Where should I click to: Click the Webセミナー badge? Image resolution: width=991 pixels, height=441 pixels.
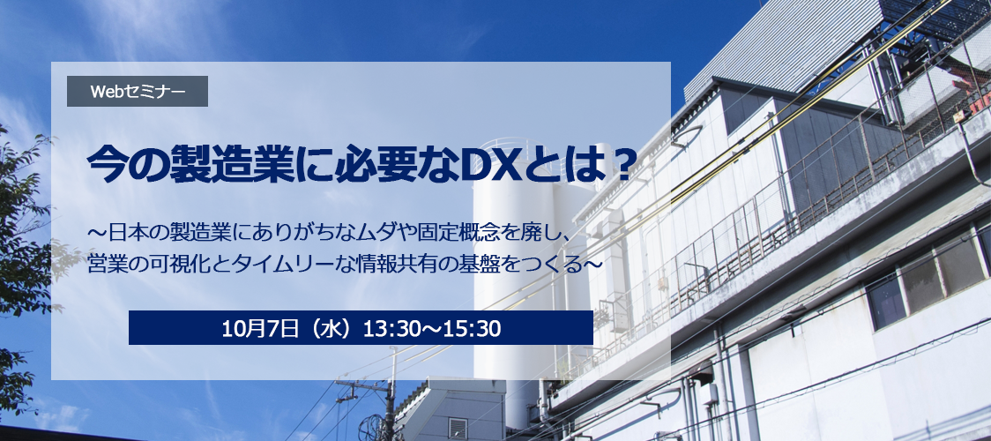click(138, 92)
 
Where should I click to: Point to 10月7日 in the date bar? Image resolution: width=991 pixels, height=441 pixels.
click(260, 328)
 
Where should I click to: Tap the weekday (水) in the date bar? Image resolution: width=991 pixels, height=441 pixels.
click(330, 328)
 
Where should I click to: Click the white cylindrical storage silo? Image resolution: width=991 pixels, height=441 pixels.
click(505, 278)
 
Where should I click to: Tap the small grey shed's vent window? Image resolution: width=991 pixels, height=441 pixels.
click(458, 428)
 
